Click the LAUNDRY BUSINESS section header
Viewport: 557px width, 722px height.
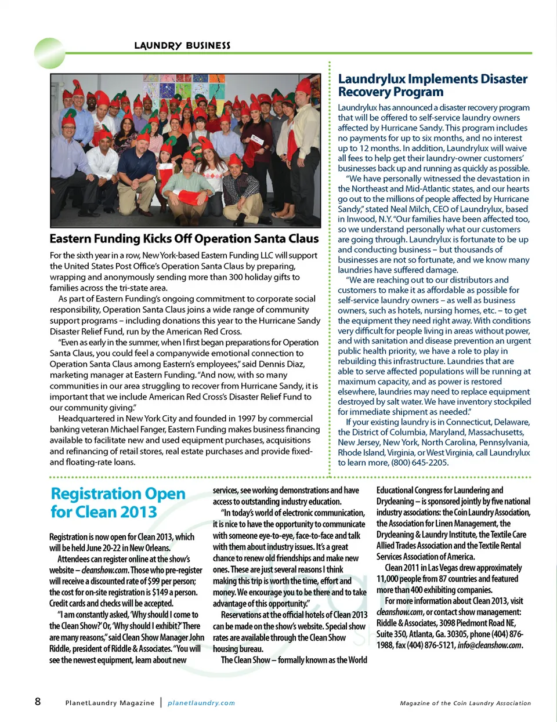182,45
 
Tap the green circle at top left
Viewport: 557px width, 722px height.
49,53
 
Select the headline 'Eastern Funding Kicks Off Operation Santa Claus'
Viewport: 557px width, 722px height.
184,238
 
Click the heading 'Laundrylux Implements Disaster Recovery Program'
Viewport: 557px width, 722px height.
432,85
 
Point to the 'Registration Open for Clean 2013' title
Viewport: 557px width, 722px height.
118,502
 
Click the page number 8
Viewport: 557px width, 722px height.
38,702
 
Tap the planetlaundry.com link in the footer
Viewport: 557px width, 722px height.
201,703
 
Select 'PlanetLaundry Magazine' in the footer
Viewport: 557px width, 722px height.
110,703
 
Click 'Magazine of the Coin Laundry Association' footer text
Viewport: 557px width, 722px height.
465,703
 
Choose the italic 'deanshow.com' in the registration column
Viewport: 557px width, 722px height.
105,570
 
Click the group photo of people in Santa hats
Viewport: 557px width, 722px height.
185,150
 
